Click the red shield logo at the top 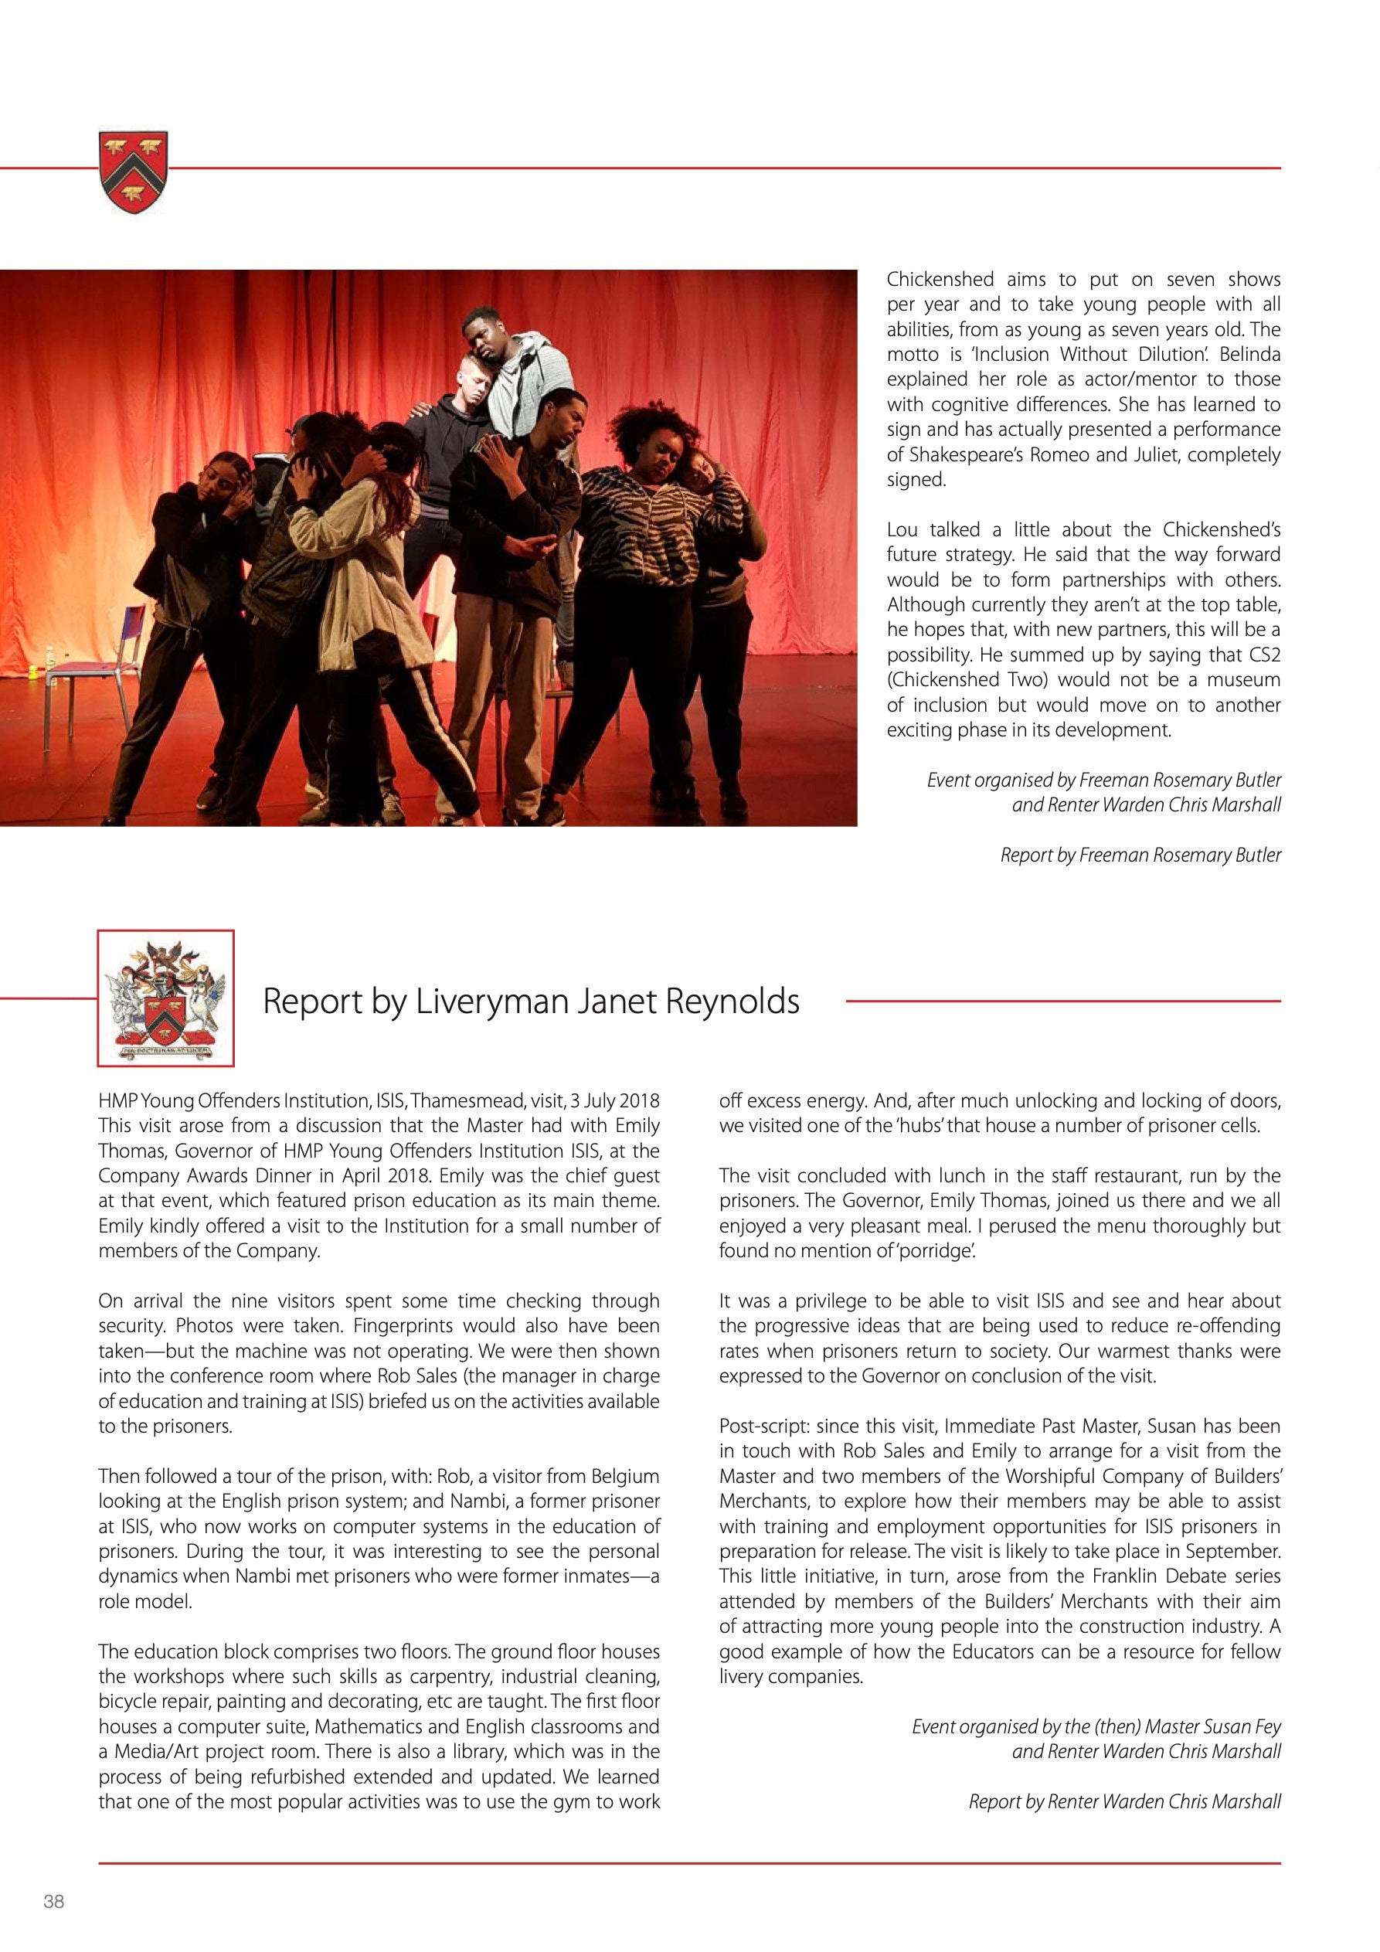134,171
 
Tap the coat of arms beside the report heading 166,998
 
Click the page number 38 53,1901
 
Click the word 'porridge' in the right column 933,1250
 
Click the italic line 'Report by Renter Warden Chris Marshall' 1124,1801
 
